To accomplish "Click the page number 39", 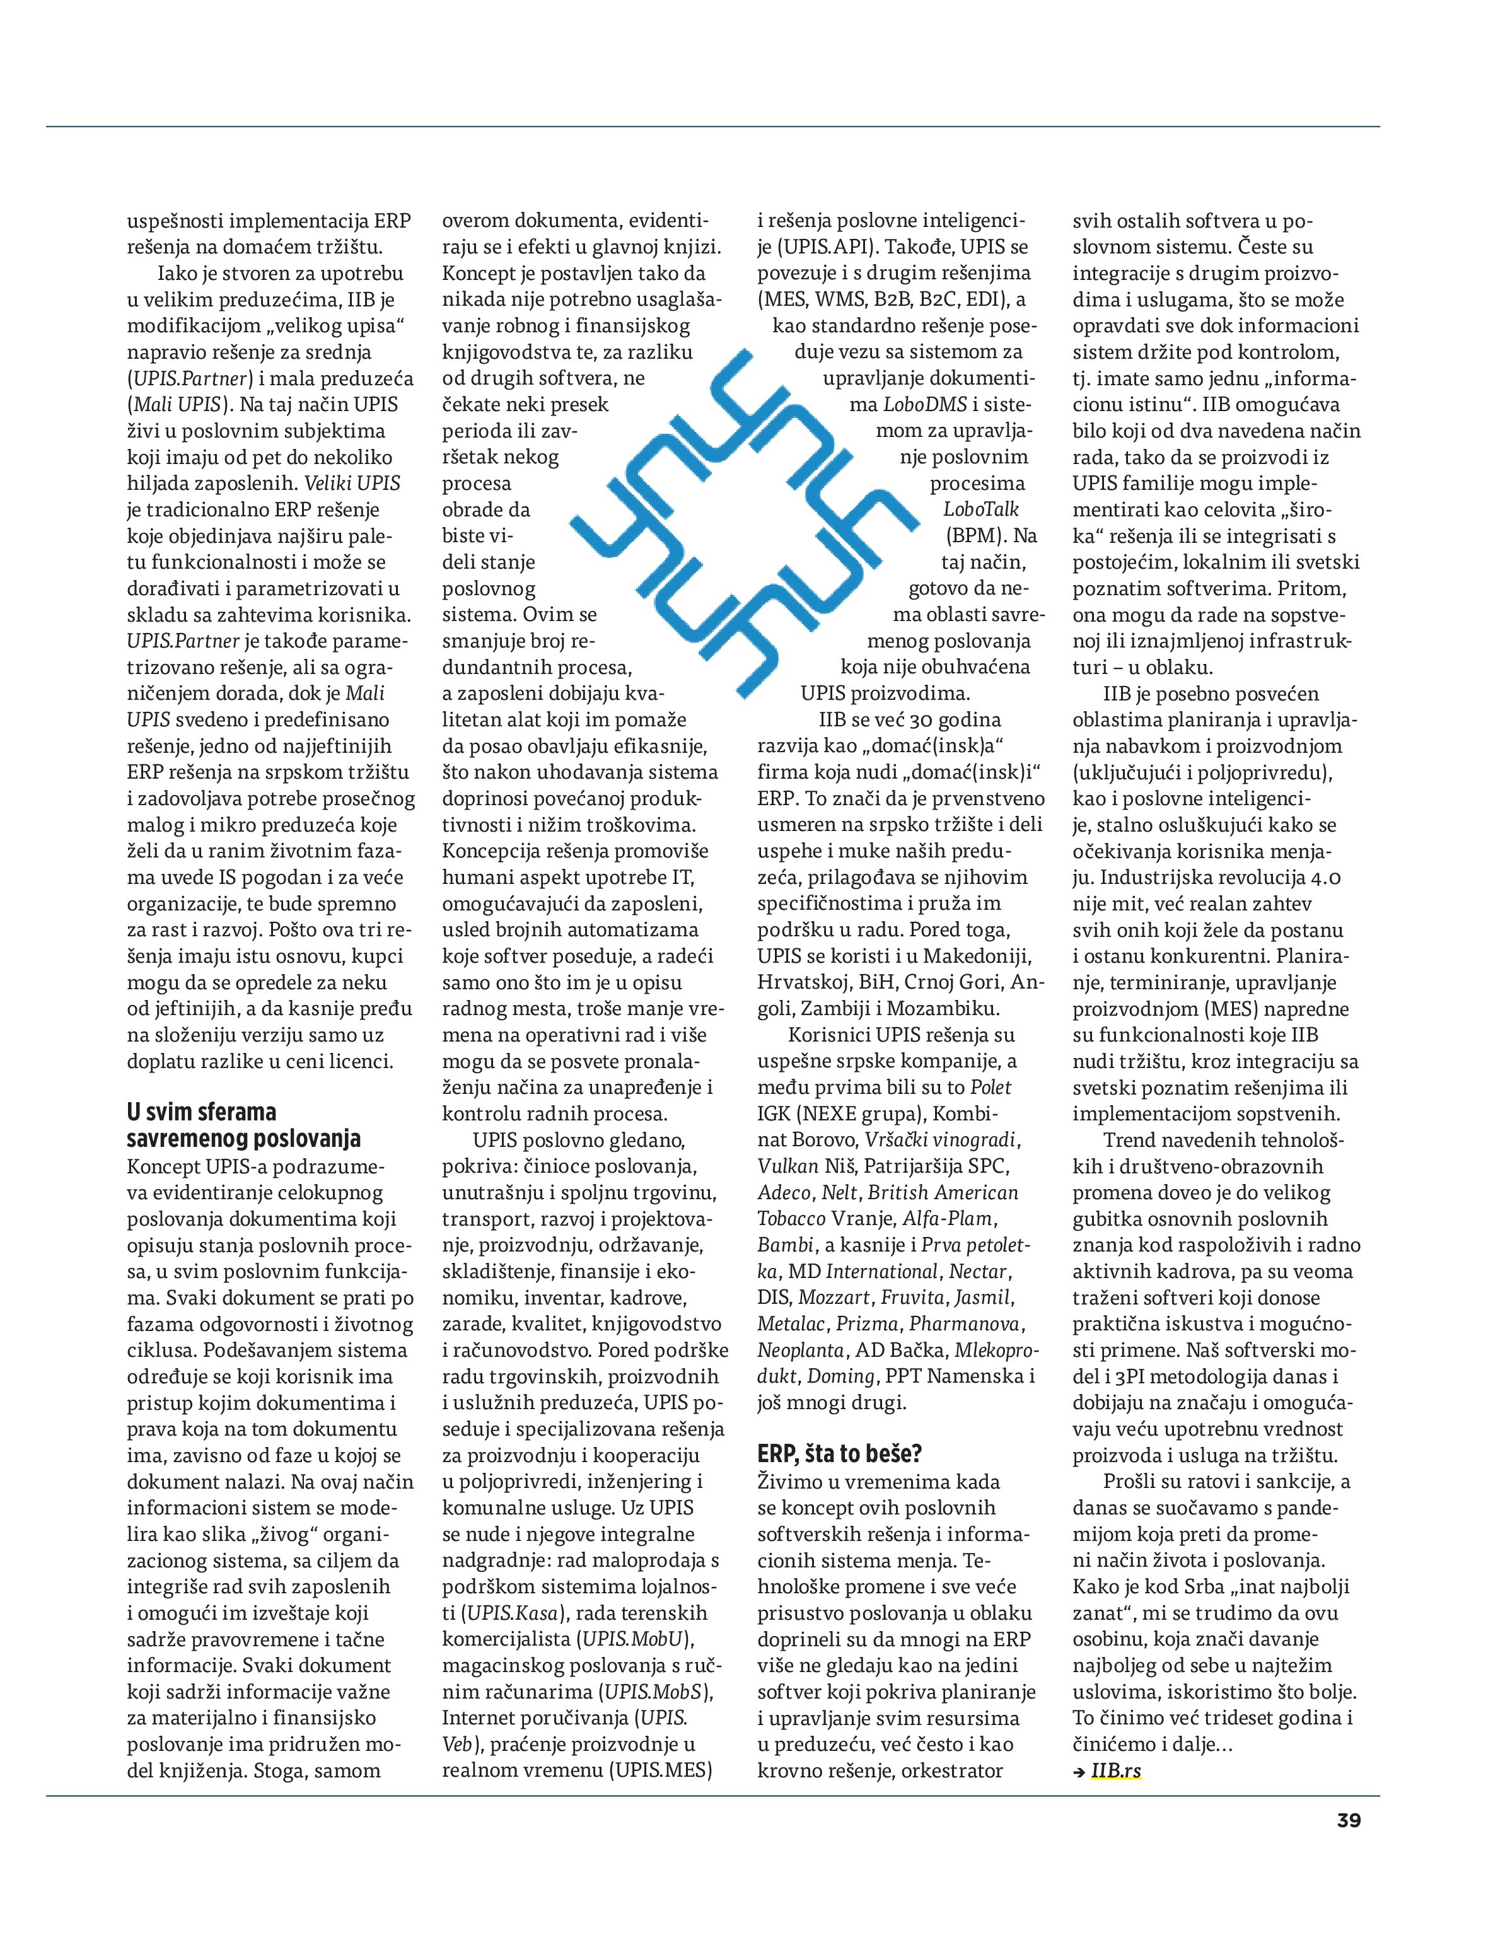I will tap(1349, 1821).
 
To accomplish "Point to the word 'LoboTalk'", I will tap(980, 509).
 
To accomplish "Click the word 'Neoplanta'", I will tap(799, 1351).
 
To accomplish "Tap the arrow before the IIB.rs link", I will tap(1079, 1772).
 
